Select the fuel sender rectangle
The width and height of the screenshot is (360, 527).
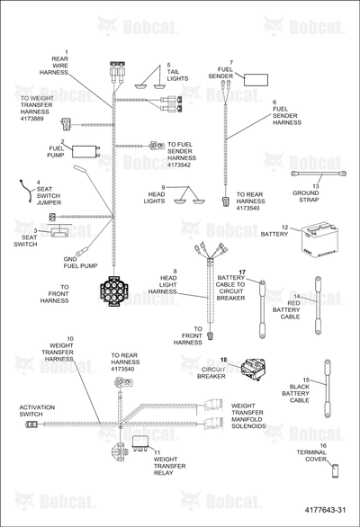256,80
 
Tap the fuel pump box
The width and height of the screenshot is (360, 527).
85,152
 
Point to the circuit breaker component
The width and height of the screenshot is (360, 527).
253,369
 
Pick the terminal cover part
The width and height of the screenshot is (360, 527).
335,470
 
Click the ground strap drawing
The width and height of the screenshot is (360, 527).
319,174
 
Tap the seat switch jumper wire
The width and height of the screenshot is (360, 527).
26,192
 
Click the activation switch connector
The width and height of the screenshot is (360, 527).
31,424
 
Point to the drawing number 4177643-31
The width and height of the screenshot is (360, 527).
325,510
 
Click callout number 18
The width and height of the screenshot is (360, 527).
224,360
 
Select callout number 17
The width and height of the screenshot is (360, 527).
242,272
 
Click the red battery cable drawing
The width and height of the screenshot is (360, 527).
318,305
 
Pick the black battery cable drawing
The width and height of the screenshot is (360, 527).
327,389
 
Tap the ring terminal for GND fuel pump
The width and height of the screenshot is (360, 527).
82,250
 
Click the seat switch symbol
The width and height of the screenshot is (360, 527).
59,231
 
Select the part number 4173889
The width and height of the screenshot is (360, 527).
32,119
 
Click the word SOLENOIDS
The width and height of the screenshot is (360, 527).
248,426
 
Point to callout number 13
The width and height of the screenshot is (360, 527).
316,186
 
